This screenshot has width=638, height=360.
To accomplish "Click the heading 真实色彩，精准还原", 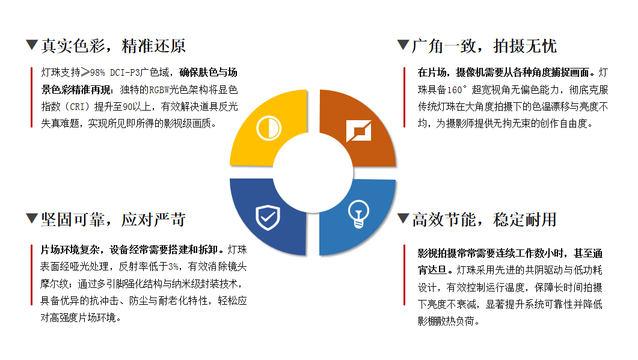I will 114,46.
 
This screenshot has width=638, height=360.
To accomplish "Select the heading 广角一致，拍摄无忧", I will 485,46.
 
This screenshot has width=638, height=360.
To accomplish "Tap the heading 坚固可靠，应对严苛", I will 114,219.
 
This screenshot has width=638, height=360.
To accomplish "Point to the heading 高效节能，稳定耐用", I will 485,219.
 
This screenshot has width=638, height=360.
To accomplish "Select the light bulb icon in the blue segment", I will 359,213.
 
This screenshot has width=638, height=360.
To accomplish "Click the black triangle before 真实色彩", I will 32,44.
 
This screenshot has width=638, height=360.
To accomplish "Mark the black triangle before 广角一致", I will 403,44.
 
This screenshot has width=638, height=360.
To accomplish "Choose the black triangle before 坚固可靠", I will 32,218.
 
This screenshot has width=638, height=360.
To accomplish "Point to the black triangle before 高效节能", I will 403,218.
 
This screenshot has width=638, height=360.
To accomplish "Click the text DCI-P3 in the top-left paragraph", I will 126,73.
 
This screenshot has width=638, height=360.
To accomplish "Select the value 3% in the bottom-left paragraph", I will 174,266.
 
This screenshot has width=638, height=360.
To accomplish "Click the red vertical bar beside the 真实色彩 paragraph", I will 31,97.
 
